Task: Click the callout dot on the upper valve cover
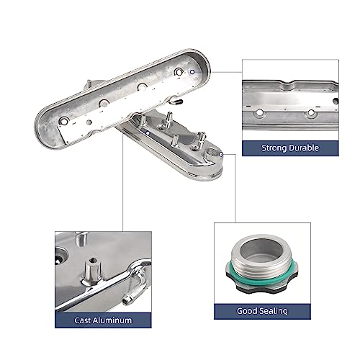(192, 72)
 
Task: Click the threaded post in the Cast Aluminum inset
(91, 274)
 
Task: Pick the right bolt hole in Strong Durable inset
(311, 112)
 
